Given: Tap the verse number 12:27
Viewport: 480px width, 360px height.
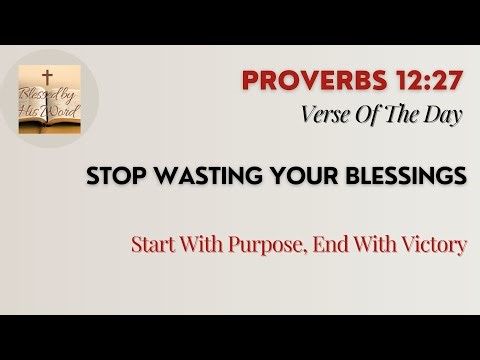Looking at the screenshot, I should coord(428,81).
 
